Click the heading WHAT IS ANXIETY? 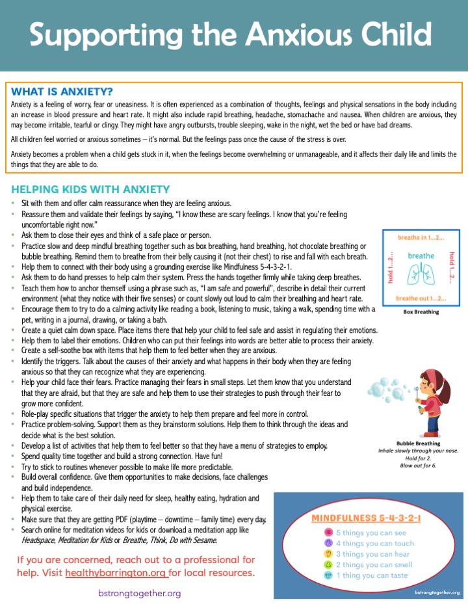pyautogui.click(x=62, y=91)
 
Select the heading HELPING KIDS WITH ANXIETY pyautogui.click(x=90, y=189)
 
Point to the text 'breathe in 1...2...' pyautogui.click(x=421, y=237)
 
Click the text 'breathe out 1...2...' pyautogui.click(x=421, y=298)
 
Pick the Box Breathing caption pyautogui.click(x=421, y=312)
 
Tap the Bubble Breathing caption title pyautogui.click(x=421, y=442)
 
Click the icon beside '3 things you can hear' pyautogui.click(x=329, y=554)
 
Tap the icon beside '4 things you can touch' pyautogui.click(x=329, y=544)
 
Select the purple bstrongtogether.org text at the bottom pyautogui.click(x=140, y=594)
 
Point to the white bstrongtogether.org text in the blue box pyautogui.click(x=437, y=592)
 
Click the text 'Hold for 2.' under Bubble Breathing pyautogui.click(x=421, y=458)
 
